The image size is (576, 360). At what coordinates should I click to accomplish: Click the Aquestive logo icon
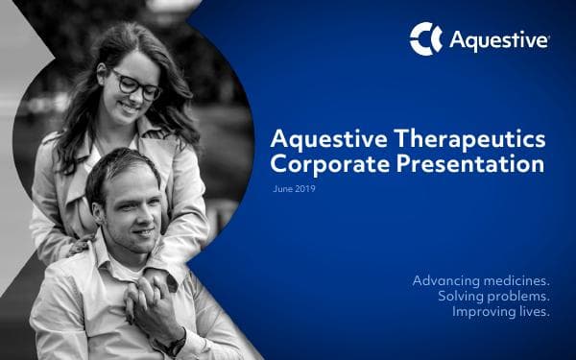pyautogui.click(x=425, y=38)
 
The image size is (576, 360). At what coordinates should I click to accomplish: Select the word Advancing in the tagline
pyautogui.click(x=446, y=280)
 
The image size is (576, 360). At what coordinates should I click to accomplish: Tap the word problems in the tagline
pyautogui.click(x=519, y=297)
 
